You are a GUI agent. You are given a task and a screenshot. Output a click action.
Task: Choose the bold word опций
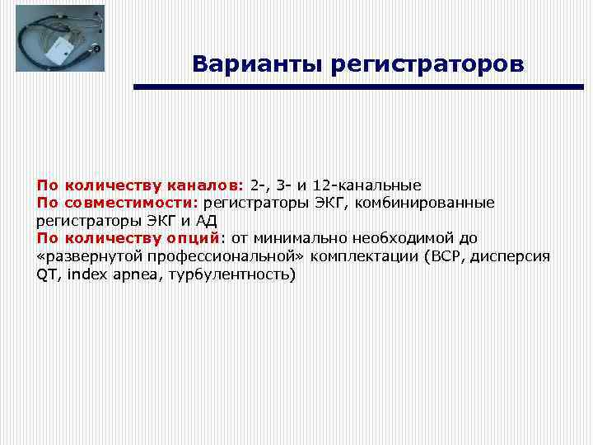[x=191, y=238]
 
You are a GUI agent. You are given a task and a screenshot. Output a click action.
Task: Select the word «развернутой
[x=83, y=256]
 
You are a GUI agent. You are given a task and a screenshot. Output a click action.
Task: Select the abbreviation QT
[x=48, y=274]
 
